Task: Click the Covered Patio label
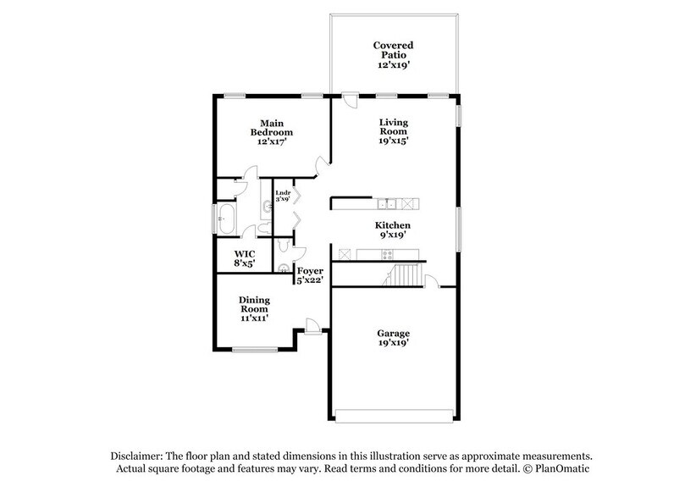point(393,50)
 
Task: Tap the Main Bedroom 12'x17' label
point(271,132)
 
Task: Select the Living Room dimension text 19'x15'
point(393,141)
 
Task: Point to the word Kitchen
point(393,225)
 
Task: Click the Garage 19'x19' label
point(393,338)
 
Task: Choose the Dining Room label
point(254,305)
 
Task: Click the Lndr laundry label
point(283,193)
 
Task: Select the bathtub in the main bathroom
point(226,219)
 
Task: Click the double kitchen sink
point(387,203)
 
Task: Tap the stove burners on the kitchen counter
point(387,254)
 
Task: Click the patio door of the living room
point(350,100)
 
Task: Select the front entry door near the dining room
point(312,327)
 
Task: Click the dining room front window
point(255,350)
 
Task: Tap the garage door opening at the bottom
point(394,416)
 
